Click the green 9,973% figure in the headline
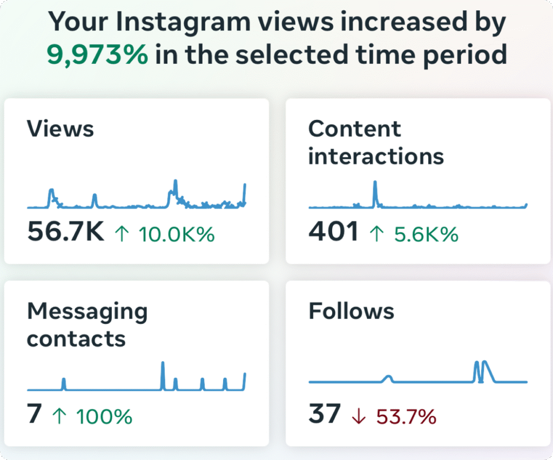click(97, 55)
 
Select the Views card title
click(60, 129)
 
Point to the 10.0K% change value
click(177, 234)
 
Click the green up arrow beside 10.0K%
click(122, 234)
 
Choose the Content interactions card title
click(376, 143)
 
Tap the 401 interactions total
click(333, 231)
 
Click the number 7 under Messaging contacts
click(35, 414)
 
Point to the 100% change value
click(104, 416)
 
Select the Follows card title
click(351, 311)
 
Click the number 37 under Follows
click(324, 414)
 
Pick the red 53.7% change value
click(406, 417)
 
